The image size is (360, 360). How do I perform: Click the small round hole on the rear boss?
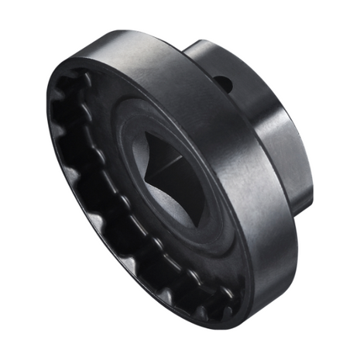[x=224, y=80]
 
